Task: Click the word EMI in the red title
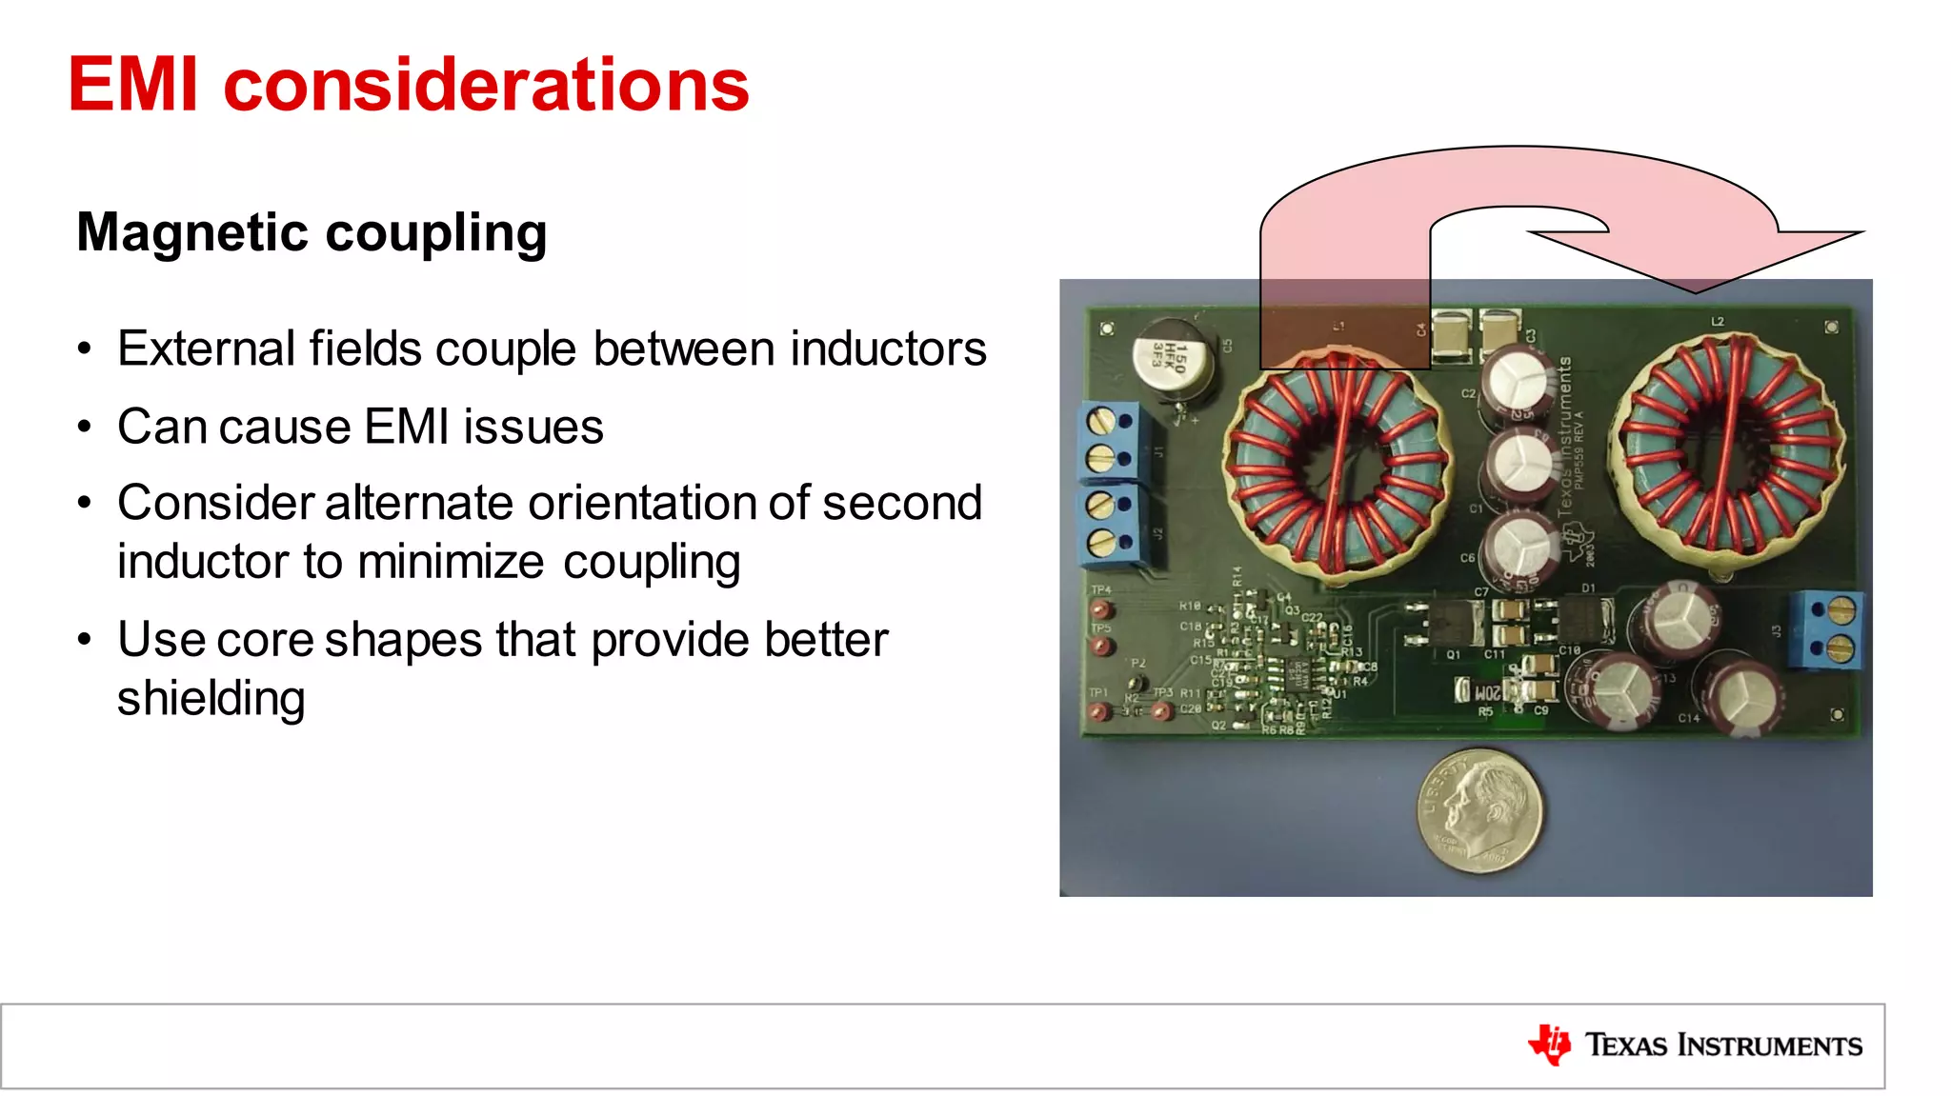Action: click(133, 84)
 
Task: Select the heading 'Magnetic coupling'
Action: click(312, 233)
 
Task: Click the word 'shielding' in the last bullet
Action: click(211, 699)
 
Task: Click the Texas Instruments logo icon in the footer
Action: click(1549, 1045)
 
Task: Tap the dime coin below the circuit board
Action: click(1478, 809)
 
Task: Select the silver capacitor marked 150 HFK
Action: click(1172, 361)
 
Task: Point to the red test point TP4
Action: click(1102, 609)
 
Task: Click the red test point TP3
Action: click(1161, 710)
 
